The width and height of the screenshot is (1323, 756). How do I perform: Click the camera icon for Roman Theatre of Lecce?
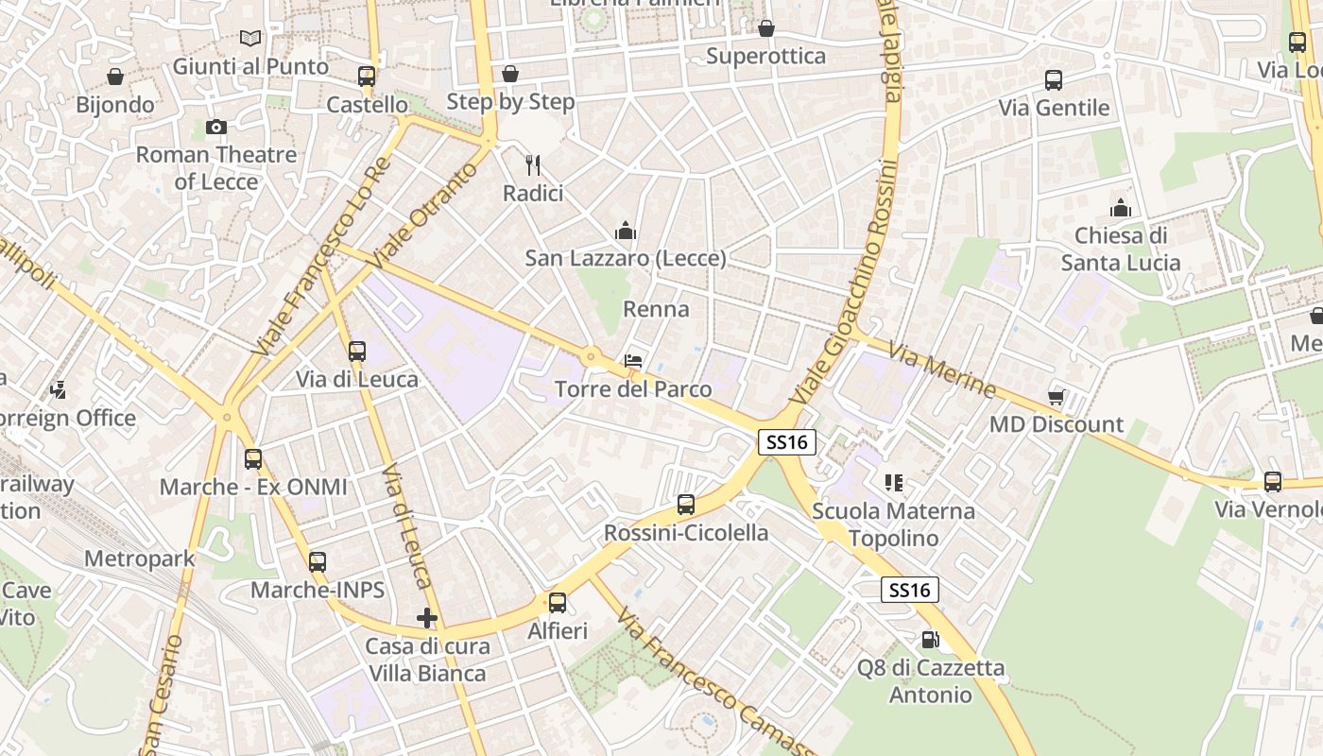point(216,127)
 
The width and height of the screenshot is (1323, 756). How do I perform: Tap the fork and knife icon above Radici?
point(533,165)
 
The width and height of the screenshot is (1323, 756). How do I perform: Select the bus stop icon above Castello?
point(367,77)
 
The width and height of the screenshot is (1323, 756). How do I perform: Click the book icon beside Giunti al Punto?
point(250,38)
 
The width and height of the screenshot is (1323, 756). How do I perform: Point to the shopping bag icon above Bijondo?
point(115,77)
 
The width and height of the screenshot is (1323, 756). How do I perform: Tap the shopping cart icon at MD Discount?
point(1056,397)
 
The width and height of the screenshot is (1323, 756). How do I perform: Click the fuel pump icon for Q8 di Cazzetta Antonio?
point(930,640)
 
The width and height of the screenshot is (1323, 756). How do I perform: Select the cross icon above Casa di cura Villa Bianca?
point(427,618)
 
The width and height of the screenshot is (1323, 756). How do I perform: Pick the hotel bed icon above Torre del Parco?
point(633,361)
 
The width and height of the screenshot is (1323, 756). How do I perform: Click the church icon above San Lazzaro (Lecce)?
point(625,230)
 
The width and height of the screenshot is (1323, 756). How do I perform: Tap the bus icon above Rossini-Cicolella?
point(686,505)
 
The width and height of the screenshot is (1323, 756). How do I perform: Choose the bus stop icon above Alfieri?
point(558,603)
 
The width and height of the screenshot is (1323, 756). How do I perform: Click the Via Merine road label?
point(942,370)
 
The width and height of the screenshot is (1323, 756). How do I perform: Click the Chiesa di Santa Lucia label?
point(1121,249)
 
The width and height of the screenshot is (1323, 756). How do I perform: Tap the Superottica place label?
point(766,56)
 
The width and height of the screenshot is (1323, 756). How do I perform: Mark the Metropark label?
point(140,558)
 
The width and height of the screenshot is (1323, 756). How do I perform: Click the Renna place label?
point(656,309)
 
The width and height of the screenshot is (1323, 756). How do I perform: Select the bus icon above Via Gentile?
point(1054,80)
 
